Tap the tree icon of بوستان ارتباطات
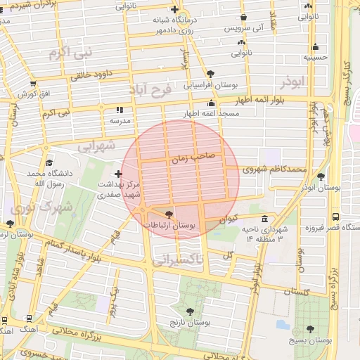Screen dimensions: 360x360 pyautogui.click(x=168, y=214)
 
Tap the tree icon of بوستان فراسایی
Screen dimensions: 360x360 pyautogui.click(x=210, y=73)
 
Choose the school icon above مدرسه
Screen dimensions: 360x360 pyautogui.click(x=119, y=110)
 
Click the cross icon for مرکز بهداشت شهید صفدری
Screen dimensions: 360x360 pyautogui.click(x=117, y=173)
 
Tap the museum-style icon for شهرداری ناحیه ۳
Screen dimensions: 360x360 pyautogui.click(x=264, y=219)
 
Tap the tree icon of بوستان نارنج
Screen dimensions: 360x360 pyautogui.click(x=190, y=310)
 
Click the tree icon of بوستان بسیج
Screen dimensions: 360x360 pyautogui.click(x=310, y=329)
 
